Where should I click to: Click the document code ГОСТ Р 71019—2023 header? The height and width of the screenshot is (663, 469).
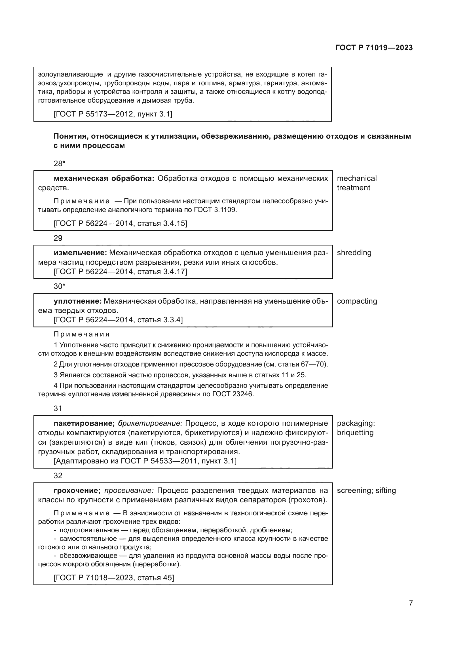374,48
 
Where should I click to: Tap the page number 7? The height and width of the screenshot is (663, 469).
411,603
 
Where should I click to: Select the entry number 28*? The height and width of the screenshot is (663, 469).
60,164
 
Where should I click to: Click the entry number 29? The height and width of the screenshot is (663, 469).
58,238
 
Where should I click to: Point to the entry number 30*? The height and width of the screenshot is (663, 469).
60,286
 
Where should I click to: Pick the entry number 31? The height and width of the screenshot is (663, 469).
58,408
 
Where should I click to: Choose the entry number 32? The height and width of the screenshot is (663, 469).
58,476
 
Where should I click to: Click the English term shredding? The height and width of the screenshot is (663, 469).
354,253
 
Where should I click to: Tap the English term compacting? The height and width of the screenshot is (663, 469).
357,301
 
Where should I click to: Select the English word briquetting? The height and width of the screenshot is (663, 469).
355,433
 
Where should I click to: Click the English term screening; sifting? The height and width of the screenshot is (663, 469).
366,490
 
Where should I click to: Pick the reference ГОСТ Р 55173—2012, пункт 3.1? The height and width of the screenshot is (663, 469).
113,114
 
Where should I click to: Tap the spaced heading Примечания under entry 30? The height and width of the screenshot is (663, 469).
82,334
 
